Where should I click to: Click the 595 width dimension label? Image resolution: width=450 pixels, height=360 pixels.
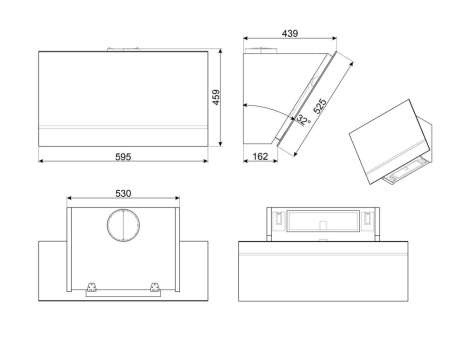123,157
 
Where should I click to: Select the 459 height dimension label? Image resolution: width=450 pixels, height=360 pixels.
216,97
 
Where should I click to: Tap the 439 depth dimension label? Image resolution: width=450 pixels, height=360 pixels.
290,33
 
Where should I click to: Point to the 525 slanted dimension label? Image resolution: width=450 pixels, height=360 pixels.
320,106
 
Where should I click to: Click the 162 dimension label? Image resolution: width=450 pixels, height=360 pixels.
260,156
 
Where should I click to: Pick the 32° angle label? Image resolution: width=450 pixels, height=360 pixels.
303,120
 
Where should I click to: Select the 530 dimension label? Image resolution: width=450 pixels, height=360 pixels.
123,193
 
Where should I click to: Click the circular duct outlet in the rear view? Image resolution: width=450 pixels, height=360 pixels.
123,225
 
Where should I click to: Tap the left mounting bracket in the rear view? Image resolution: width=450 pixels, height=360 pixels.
91,287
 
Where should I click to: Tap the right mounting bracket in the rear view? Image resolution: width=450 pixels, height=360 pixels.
155,287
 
